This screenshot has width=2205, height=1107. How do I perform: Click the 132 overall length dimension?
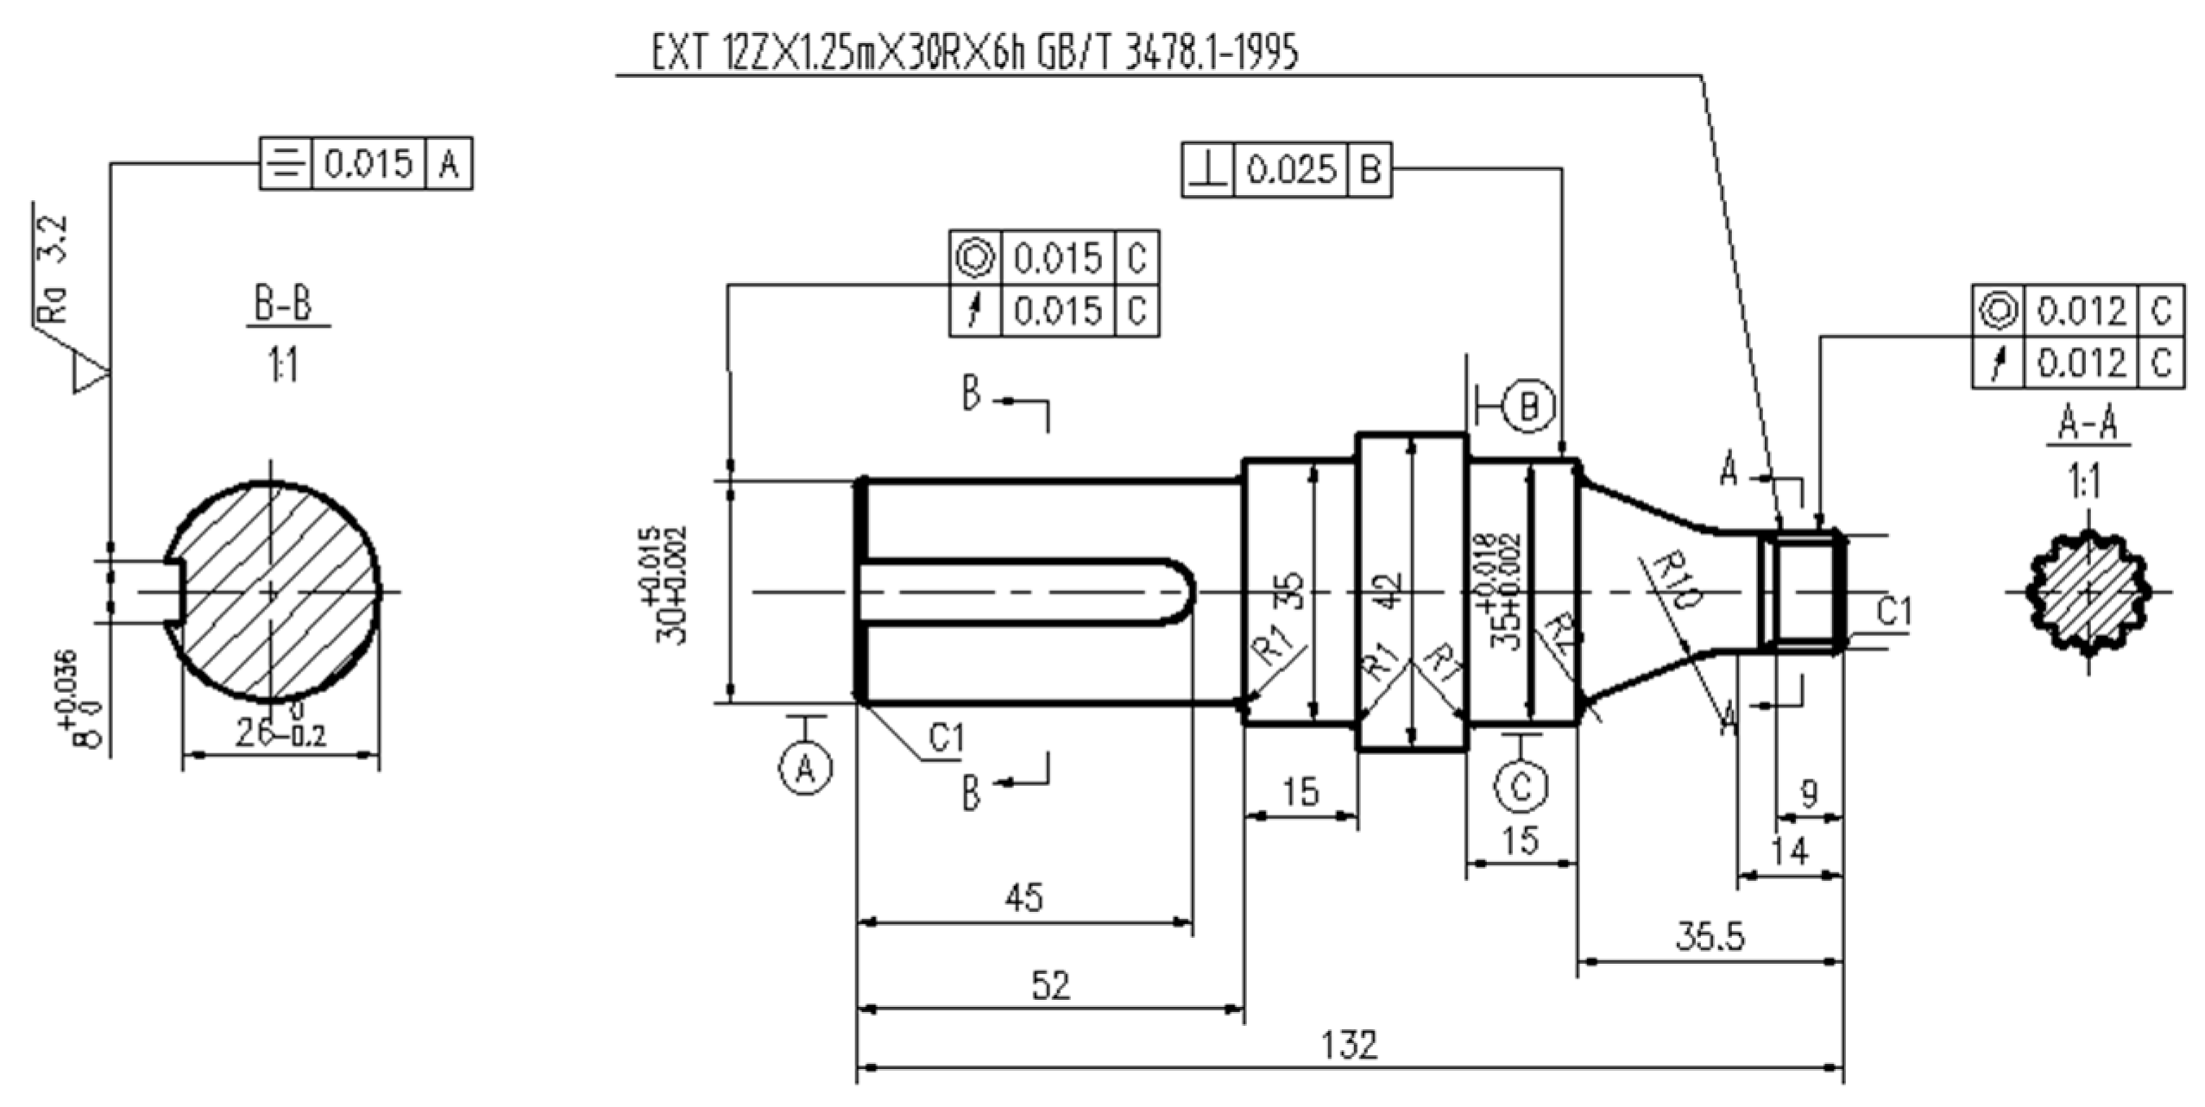click(x=1350, y=1045)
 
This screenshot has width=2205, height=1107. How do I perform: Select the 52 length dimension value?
click(x=1050, y=984)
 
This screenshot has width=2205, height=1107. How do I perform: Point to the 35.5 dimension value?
click(x=1710, y=936)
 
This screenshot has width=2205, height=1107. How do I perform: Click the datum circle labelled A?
click(x=805, y=767)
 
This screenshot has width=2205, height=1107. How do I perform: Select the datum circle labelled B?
click(x=1529, y=406)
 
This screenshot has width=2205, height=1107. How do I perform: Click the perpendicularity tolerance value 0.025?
click(x=1291, y=170)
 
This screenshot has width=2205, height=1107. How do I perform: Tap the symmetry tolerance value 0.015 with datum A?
click(x=369, y=163)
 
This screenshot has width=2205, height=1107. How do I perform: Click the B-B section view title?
click(x=284, y=305)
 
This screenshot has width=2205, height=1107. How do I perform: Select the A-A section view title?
click(x=2088, y=425)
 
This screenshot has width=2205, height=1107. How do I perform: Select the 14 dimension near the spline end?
click(x=1789, y=852)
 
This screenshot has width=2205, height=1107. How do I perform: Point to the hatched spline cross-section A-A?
click(x=2086, y=592)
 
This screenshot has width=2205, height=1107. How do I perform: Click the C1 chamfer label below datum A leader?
click(x=946, y=738)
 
